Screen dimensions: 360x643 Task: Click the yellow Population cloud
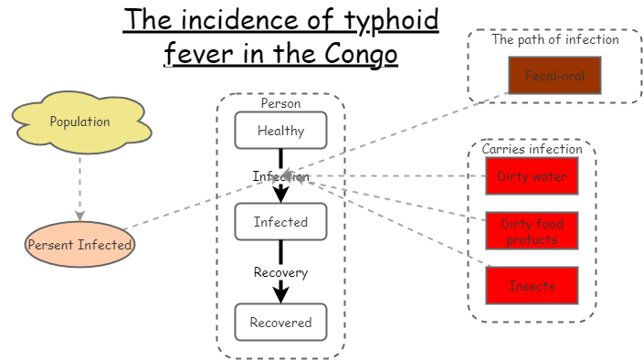pos(79,122)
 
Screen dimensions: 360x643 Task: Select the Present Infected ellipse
pos(79,245)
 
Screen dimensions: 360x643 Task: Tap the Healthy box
pos(280,131)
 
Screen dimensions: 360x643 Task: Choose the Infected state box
pos(280,222)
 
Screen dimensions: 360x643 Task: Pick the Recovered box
pos(280,322)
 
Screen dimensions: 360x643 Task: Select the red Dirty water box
pos(532,176)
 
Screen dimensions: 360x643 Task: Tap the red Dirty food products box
pos(532,231)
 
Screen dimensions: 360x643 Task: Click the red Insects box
pos(532,286)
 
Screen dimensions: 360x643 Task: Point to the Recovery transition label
pos(280,272)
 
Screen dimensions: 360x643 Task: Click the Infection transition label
pos(280,176)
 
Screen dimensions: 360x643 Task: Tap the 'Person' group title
pos(280,103)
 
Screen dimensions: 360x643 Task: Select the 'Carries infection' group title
pos(532,149)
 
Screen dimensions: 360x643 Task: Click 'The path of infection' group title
pos(555,39)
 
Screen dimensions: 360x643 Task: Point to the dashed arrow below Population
pos(79,187)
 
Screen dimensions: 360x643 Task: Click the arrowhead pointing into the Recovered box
pos(280,294)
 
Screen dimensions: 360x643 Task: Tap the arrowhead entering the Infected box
pos(280,195)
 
